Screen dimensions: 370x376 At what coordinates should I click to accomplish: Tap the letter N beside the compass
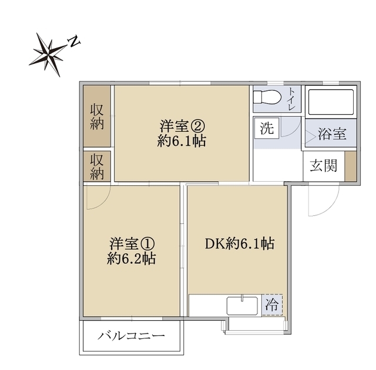(74, 41)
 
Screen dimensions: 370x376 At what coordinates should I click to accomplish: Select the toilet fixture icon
(267, 100)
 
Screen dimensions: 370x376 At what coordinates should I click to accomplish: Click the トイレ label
(292, 100)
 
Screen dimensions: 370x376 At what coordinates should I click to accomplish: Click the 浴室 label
(331, 134)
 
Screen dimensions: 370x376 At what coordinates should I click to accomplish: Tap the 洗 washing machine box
(267, 128)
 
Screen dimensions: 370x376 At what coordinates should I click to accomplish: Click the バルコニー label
(132, 337)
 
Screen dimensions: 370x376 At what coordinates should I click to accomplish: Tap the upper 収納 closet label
(98, 116)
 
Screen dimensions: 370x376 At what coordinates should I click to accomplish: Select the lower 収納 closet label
(98, 166)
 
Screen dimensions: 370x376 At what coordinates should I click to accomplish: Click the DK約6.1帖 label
(239, 243)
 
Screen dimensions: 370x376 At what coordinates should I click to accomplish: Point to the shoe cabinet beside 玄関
(350, 165)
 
